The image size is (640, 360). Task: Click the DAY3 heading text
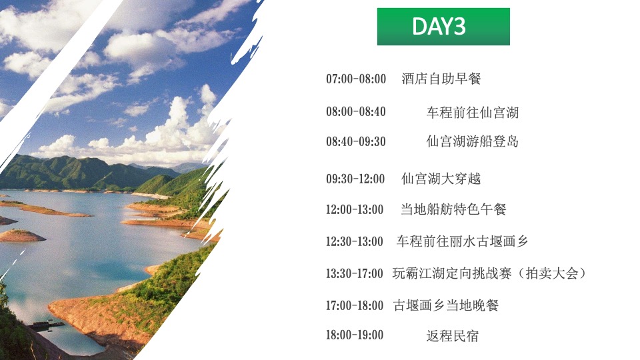pyautogui.click(x=439, y=26)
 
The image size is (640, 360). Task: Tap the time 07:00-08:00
pyautogui.click(x=356, y=79)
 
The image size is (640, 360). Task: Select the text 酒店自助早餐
pyautogui.click(x=441, y=79)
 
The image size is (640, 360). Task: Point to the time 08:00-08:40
pyautogui.click(x=356, y=112)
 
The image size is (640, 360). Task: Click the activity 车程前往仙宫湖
pyautogui.click(x=472, y=112)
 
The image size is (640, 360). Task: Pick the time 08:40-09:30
pyautogui.click(x=356, y=141)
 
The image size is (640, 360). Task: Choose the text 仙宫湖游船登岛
pyautogui.click(x=472, y=141)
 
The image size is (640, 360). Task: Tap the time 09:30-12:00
pyautogui.click(x=355, y=179)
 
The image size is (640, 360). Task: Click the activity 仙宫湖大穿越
pyautogui.click(x=441, y=179)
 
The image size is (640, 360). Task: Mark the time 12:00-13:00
pyautogui.click(x=355, y=209)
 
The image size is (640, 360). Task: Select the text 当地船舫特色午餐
pyautogui.click(x=453, y=209)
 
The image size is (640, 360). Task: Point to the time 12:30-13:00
pyautogui.click(x=355, y=241)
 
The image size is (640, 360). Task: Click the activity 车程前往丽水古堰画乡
pyautogui.click(x=462, y=241)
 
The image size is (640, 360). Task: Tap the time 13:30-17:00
pyautogui.click(x=355, y=273)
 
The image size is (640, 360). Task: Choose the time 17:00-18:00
pyautogui.click(x=355, y=305)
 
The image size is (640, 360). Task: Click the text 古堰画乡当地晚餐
pyautogui.click(x=446, y=305)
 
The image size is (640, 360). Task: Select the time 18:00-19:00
pyautogui.click(x=355, y=335)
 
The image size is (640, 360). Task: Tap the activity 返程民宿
pyautogui.click(x=452, y=335)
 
